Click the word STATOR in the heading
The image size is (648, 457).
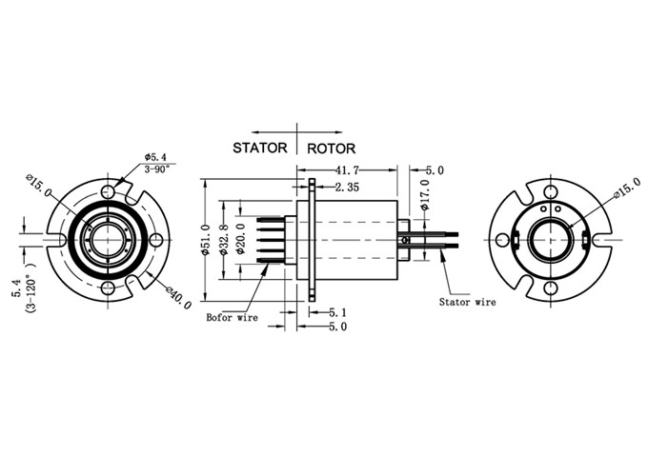[259, 149]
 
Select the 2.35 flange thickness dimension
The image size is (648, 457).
[347, 189]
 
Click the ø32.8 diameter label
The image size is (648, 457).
[224, 240]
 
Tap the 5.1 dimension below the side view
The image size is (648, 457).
[337, 311]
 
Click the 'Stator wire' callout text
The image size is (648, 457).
[467, 302]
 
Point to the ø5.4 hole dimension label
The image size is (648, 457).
[157, 155]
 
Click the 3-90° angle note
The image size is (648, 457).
[157, 169]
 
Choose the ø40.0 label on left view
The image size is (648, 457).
[178, 298]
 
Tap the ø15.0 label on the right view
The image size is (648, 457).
[624, 189]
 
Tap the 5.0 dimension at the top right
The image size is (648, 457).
[435, 169]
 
